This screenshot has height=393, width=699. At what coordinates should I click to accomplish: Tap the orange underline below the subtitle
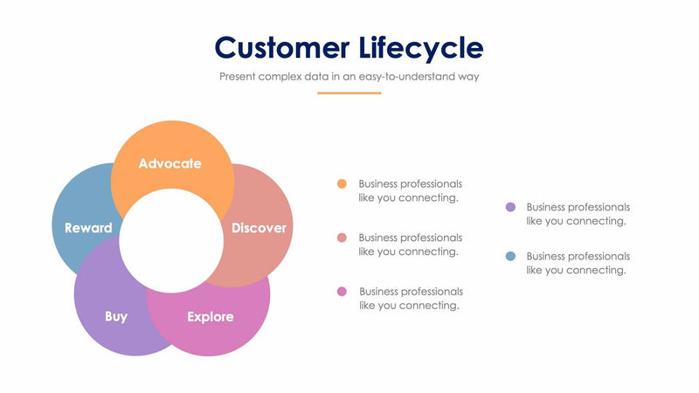point(349,93)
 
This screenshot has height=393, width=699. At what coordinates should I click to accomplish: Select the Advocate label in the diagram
point(170,163)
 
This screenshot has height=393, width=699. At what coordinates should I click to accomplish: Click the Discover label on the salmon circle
point(259,228)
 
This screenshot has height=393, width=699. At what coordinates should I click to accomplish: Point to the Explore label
point(211,316)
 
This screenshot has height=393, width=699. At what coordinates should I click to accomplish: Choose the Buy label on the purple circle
point(116,316)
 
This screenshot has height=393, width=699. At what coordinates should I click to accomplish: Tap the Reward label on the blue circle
point(88,228)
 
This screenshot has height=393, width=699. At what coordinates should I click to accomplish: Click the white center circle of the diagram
point(171,240)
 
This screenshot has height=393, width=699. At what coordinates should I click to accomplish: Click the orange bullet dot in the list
point(342,183)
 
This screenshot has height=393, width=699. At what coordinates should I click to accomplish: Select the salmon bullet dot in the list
point(342,238)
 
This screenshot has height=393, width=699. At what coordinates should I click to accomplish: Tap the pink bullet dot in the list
point(342,291)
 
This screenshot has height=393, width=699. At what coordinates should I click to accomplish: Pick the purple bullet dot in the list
point(510,207)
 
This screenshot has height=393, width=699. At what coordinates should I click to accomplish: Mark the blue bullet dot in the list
point(510,256)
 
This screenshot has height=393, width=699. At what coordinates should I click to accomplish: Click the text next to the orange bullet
point(410,190)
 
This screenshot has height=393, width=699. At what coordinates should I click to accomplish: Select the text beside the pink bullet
point(410,298)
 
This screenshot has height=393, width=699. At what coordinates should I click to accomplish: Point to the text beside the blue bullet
point(578,263)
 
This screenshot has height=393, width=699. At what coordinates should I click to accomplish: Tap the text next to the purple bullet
point(578,214)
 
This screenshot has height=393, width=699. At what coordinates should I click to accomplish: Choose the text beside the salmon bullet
point(410,245)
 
